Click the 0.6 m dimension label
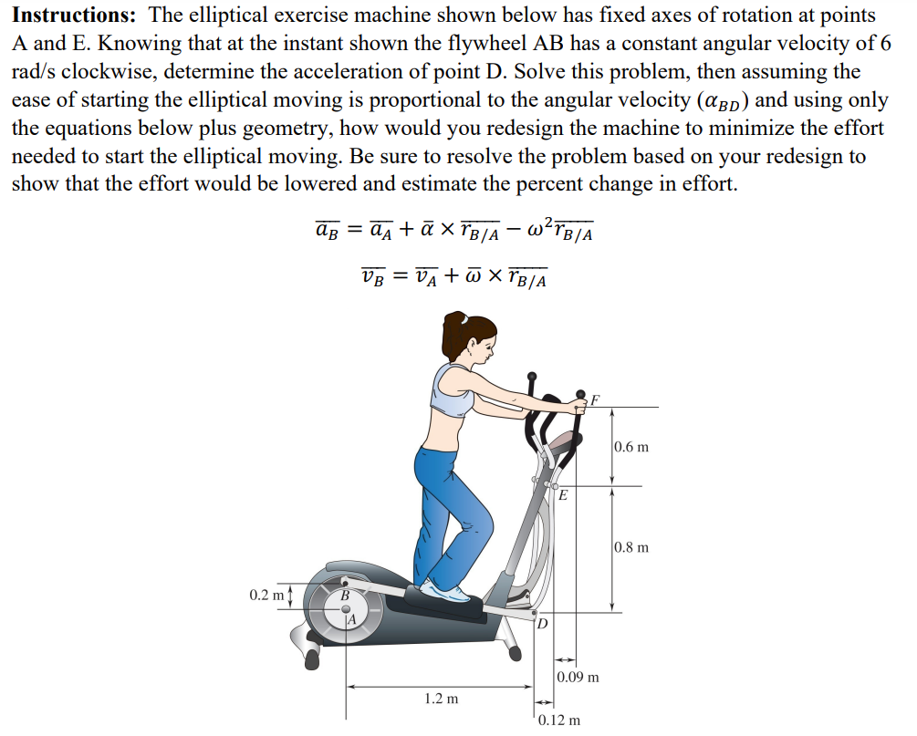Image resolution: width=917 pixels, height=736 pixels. click(x=630, y=447)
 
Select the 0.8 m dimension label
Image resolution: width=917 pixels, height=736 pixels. click(x=630, y=547)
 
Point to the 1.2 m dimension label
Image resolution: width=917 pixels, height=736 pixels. click(x=442, y=699)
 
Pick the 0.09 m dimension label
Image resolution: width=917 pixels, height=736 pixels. click(x=578, y=677)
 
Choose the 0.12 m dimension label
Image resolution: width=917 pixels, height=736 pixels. click(x=557, y=720)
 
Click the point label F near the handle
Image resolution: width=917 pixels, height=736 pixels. click(x=596, y=399)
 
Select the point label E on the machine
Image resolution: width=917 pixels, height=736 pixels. click(x=563, y=496)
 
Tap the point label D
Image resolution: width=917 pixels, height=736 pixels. click(x=542, y=624)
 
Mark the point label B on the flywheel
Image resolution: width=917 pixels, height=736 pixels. click(x=344, y=596)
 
